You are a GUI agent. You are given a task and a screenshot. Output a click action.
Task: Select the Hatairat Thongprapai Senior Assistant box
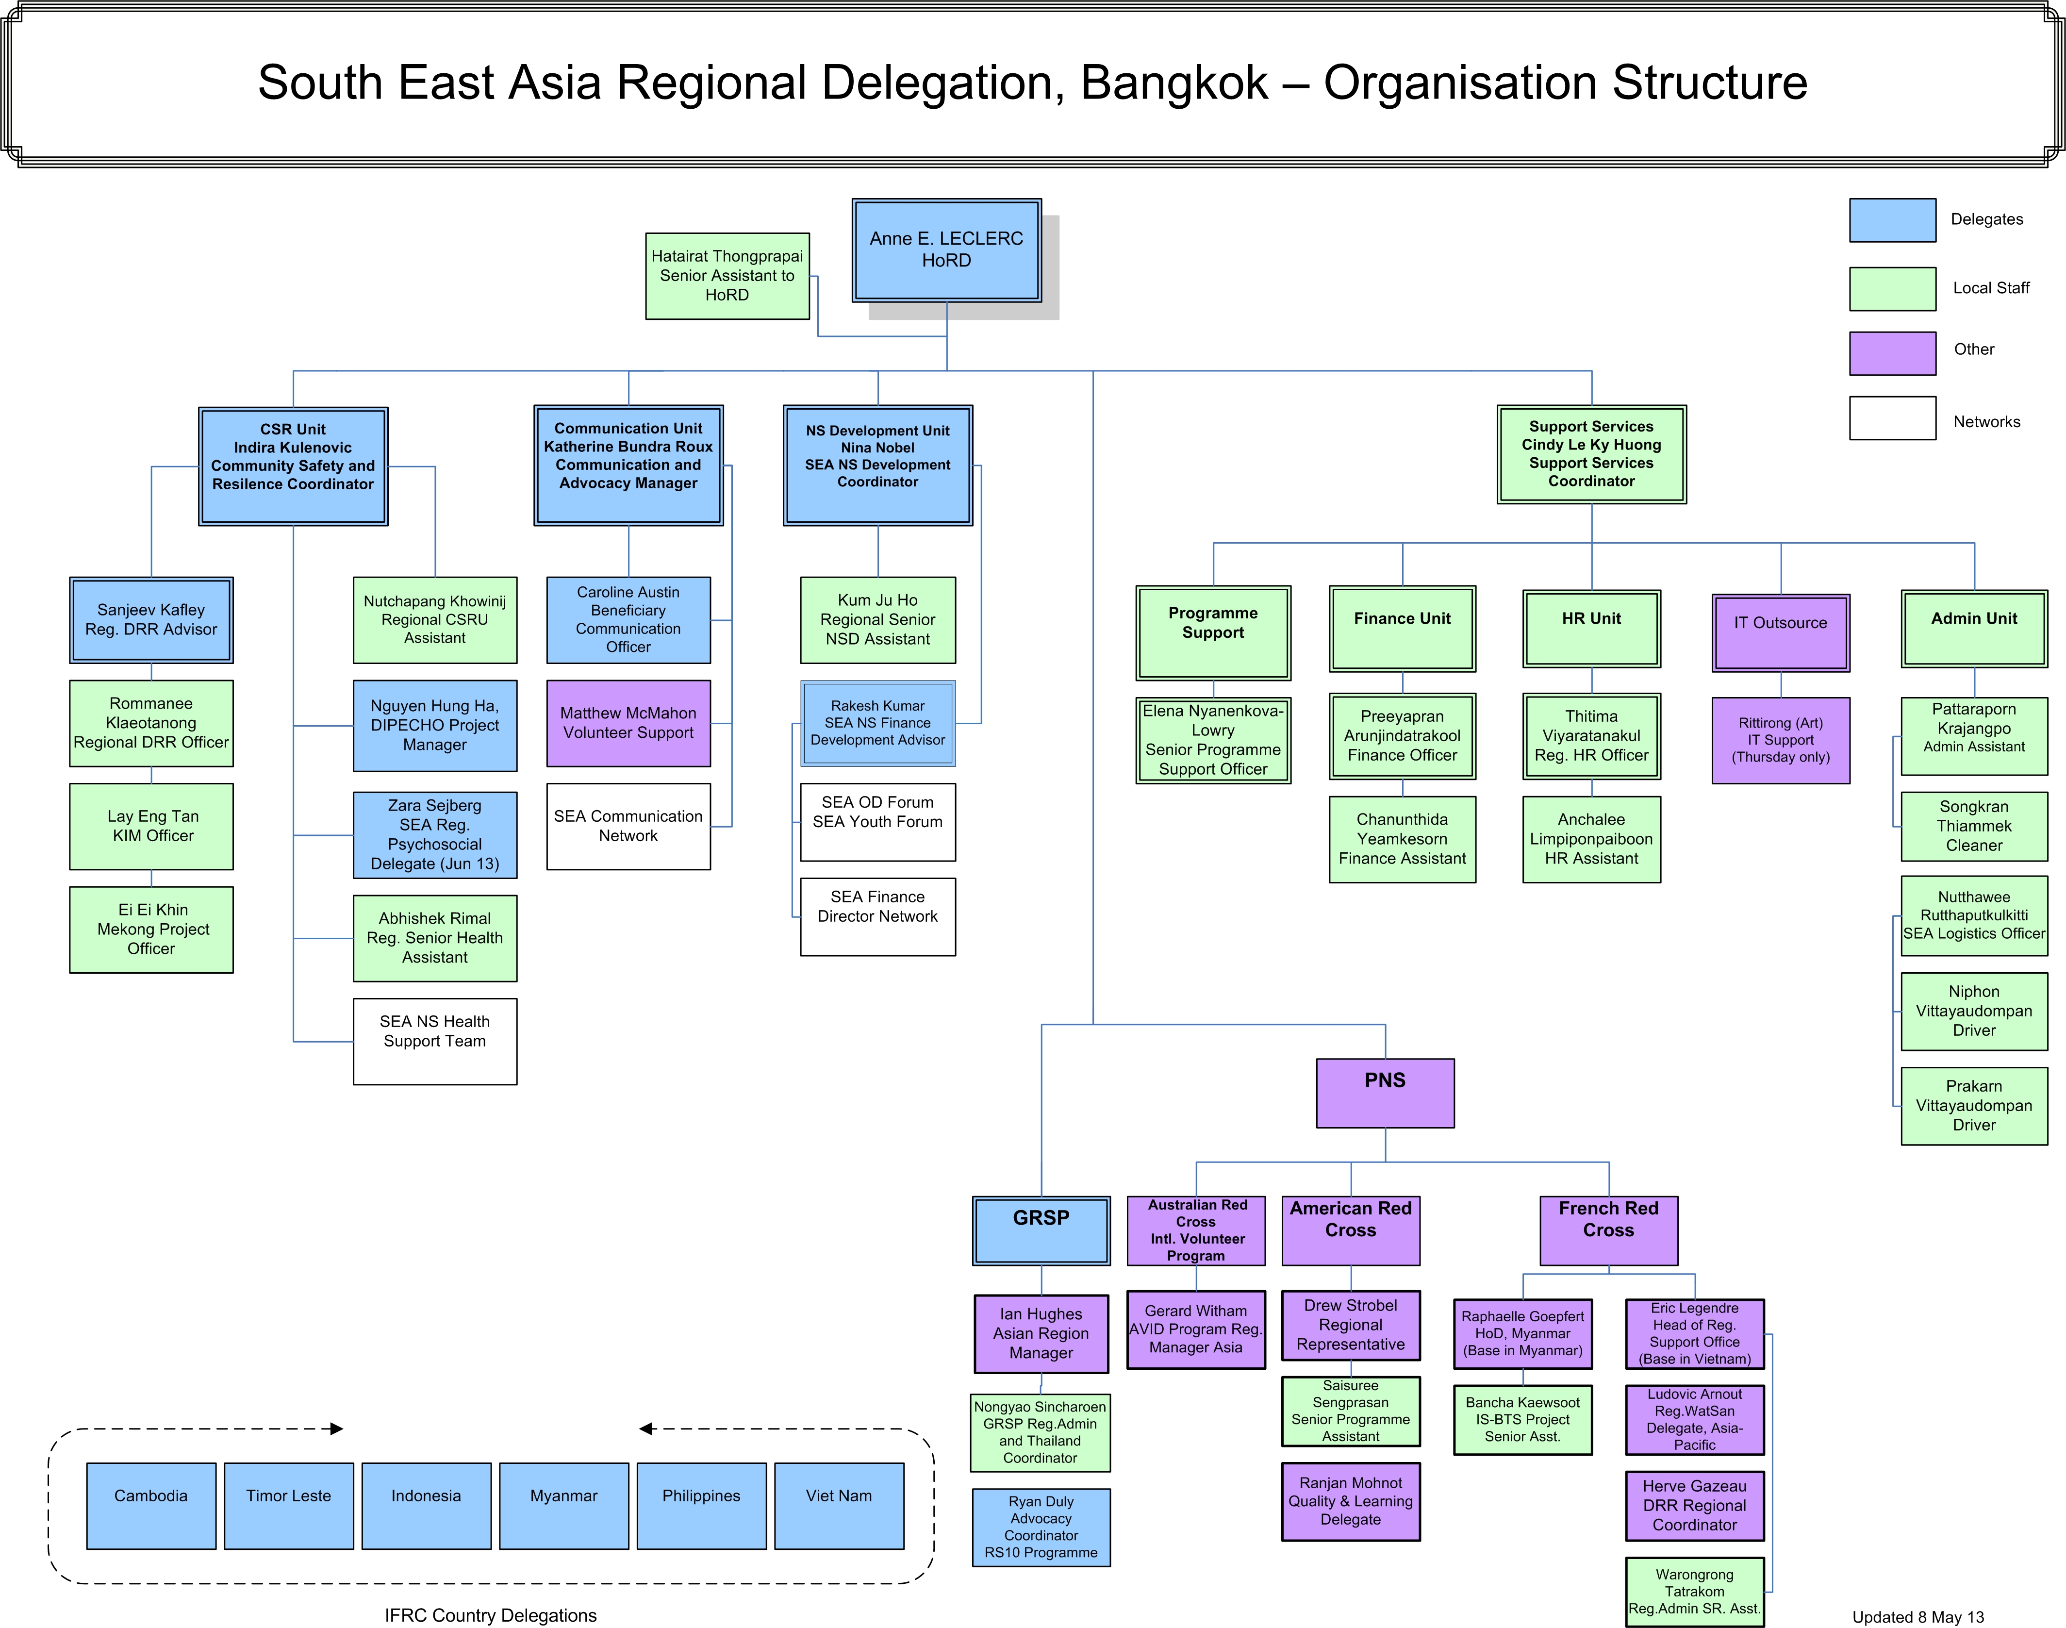(x=727, y=276)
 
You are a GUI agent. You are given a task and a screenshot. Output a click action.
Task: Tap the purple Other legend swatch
(x=1892, y=353)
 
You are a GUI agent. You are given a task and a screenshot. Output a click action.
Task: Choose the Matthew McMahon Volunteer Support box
(x=628, y=722)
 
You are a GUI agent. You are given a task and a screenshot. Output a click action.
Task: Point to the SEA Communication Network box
(x=628, y=826)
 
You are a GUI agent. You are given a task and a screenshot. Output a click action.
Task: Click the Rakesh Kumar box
(x=877, y=722)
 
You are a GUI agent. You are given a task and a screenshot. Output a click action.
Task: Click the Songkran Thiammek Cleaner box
(x=1974, y=826)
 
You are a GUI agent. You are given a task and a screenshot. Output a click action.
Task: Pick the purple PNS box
(x=1385, y=1092)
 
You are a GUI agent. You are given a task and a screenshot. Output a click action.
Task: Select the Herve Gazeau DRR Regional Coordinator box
(x=1694, y=1505)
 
